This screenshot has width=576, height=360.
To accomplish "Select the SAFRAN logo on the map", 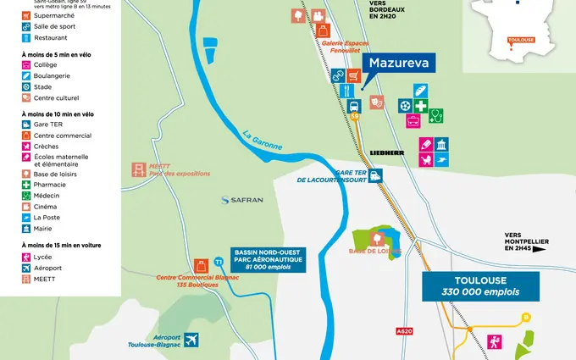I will point(242,200).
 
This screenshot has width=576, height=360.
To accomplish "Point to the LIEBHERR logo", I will point(387,152).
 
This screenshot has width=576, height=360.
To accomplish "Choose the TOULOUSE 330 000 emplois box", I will point(480,285).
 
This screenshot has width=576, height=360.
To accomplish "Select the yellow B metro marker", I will point(526,317).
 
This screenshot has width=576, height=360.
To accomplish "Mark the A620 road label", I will point(404,332).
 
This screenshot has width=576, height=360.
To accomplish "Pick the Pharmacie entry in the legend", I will point(48,184).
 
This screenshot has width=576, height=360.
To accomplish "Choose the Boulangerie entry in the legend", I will point(52,75).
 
